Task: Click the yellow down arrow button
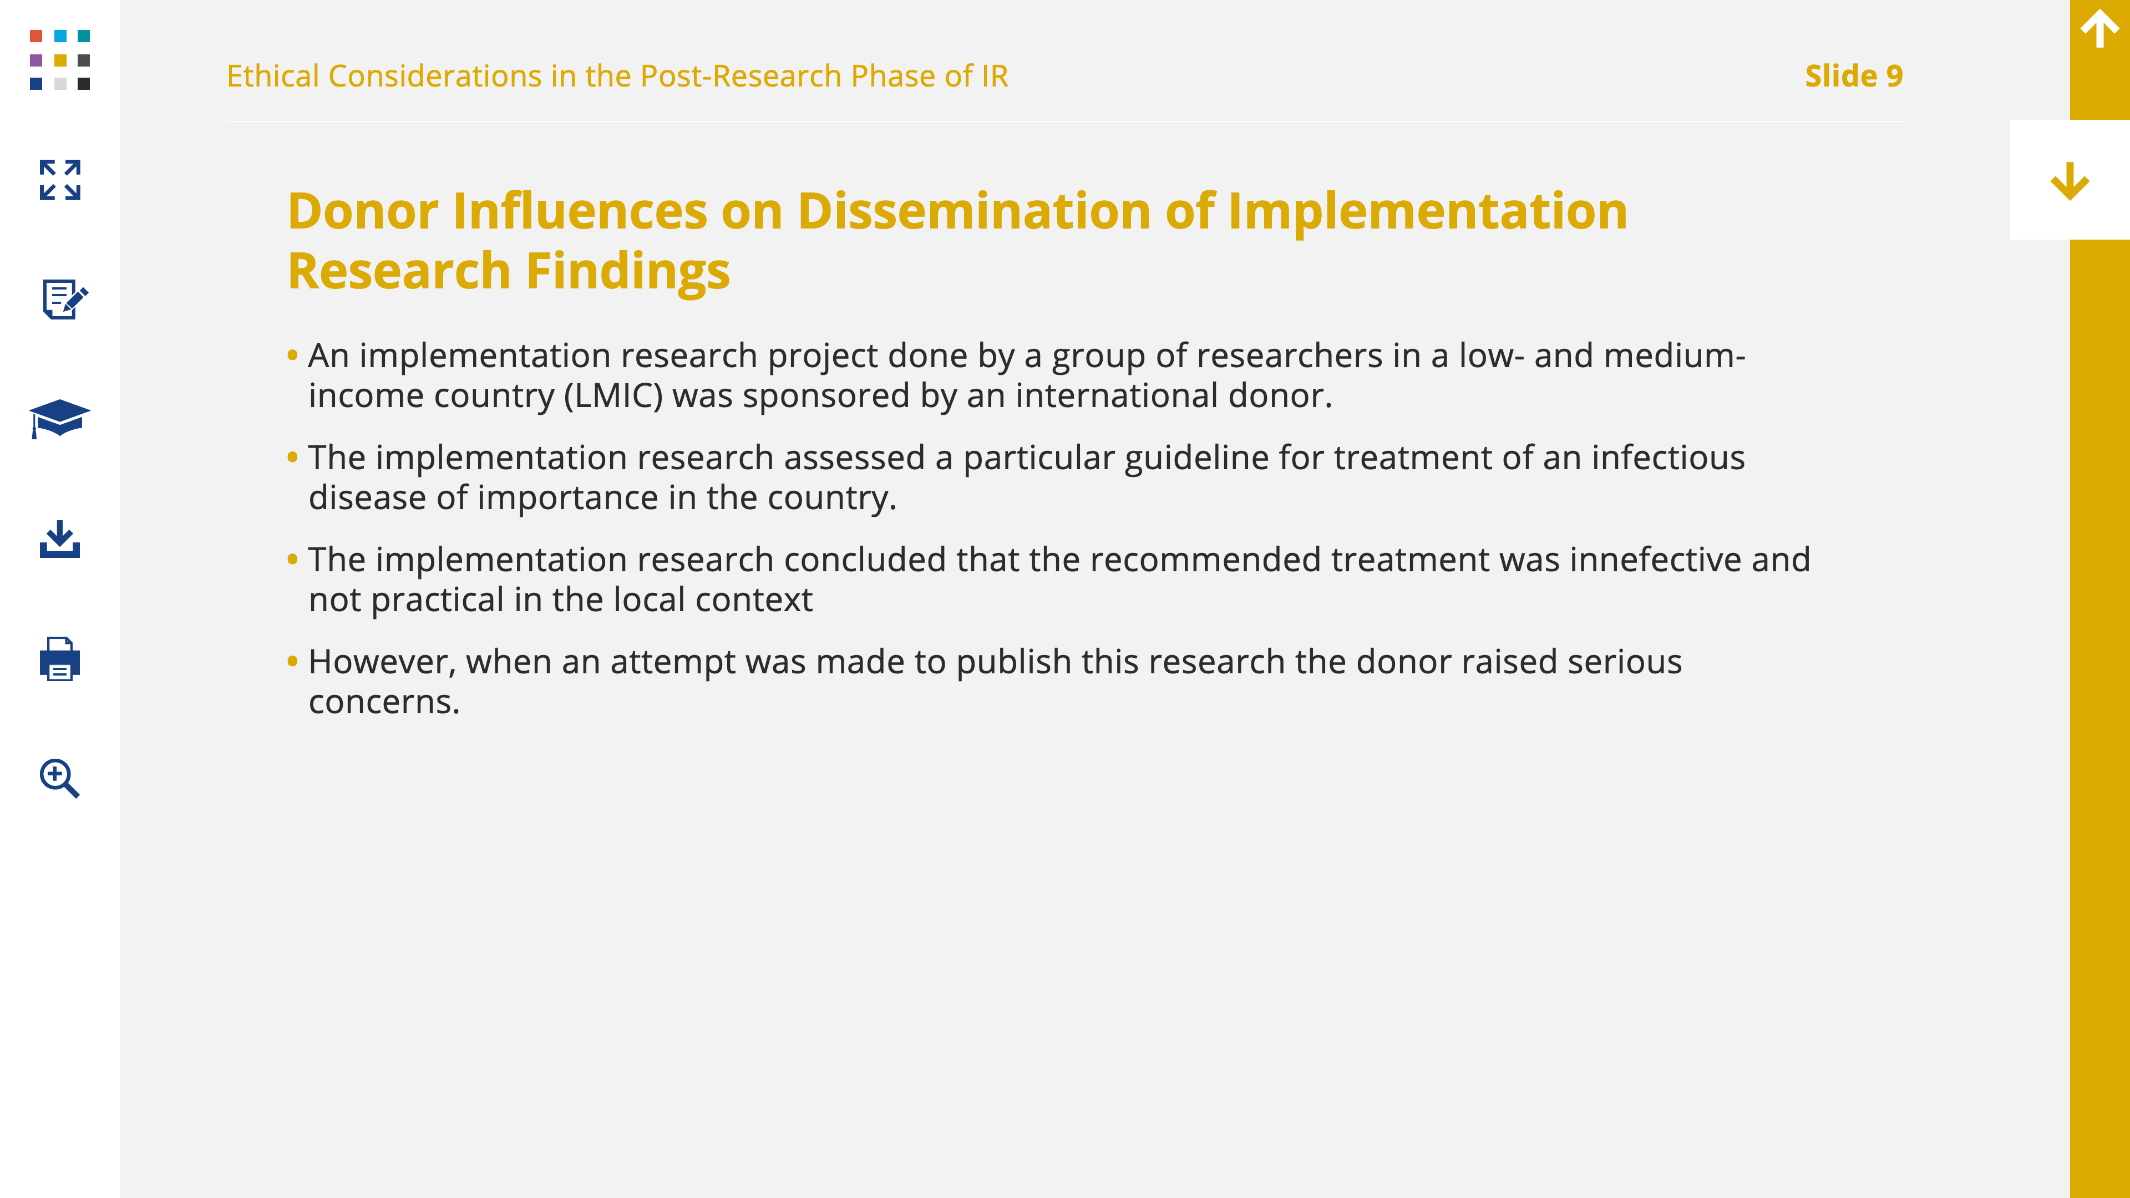coord(2070,181)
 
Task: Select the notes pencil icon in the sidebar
coord(64,298)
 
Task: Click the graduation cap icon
coord(59,418)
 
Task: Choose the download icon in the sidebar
coord(59,539)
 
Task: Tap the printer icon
coord(59,659)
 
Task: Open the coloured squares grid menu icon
coord(59,59)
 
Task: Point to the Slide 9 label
coord(1854,76)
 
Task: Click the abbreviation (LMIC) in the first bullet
coord(613,395)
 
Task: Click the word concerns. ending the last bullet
coord(384,703)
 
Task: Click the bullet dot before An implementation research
coord(292,356)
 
